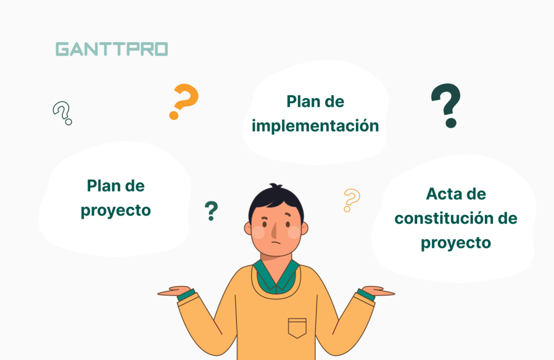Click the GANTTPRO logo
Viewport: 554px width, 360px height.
[111, 49]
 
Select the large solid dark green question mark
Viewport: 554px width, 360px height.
[446, 106]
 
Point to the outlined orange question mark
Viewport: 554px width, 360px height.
[351, 200]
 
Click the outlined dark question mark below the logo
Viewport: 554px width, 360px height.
[62, 113]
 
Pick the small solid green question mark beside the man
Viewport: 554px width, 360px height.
[211, 211]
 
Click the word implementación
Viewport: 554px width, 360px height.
[315, 126]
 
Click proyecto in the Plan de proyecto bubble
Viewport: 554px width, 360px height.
[116, 210]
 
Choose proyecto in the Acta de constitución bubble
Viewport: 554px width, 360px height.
[456, 243]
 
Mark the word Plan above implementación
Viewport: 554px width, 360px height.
[304, 101]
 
